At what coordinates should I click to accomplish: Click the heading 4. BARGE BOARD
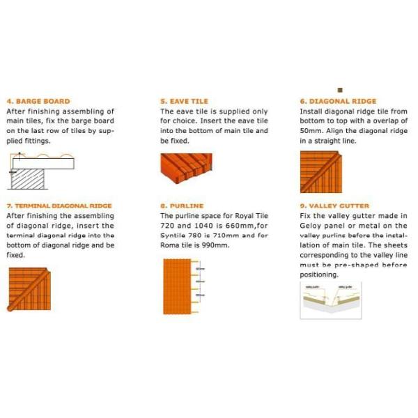point(38,101)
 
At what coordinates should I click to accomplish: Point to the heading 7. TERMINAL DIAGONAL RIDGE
point(59,206)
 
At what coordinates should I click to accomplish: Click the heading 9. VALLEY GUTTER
point(334,206)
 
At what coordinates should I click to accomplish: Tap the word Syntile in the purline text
point(174,236)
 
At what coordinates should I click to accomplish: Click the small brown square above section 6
point(341,90)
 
